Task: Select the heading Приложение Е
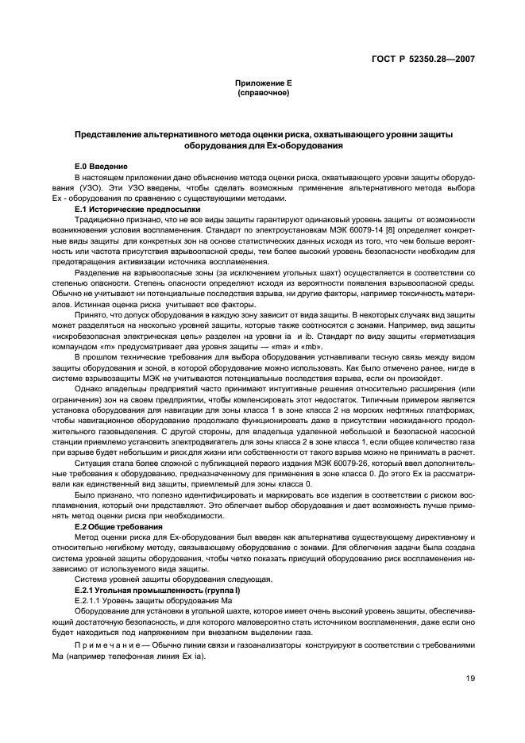263,83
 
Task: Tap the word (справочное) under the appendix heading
263,93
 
